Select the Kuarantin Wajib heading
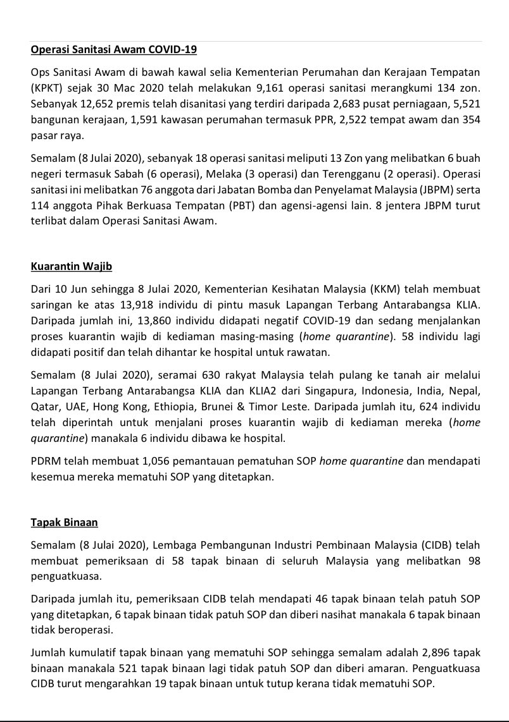tap(71, 266)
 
